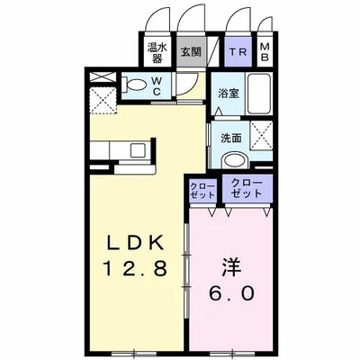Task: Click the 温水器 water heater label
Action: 155,51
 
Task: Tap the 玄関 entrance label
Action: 189,51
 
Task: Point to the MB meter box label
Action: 265,51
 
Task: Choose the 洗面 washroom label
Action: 229,138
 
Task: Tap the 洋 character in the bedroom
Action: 229,267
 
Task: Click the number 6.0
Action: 229,294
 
